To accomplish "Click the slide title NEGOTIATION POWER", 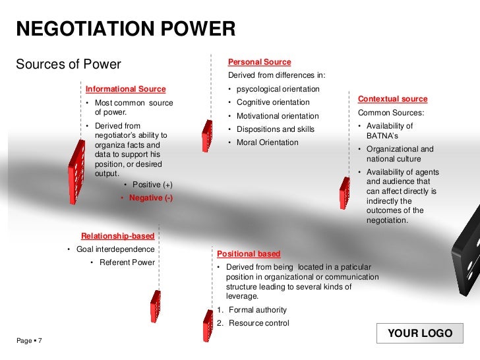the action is [x=125, y=28].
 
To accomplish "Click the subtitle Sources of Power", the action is [x=68, y=65].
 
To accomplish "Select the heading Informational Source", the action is [x=125, y=89].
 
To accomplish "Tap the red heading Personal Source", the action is [x=259, y=62].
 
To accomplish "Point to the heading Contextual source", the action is [x=392, y=99].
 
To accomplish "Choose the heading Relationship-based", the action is [x=117, y=236].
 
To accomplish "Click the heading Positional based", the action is [x=249, y=254].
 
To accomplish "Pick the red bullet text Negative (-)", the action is [x=151, y=198].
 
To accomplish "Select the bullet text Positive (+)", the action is [x=152, y=185].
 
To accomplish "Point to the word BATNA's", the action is [x=381, y=135].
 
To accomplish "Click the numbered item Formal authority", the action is [x=257, y=310].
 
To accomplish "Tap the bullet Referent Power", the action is [x=127, y=262].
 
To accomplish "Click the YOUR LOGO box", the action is [x=420, y=334].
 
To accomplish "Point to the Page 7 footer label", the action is [x=29, y=340].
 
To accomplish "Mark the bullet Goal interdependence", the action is [x=115, y=249].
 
